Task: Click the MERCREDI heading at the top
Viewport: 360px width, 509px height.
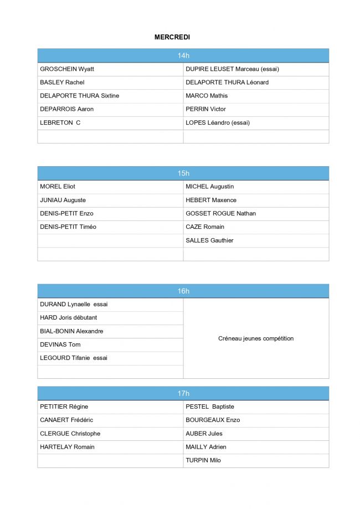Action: [x=172, y=37]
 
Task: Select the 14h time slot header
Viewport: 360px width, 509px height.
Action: [x=183, y=55]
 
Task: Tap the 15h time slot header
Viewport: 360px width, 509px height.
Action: [x=183, y=173]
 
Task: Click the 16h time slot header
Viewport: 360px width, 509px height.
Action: [x=183, y=291]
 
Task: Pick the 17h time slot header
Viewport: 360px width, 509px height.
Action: [x=183, y=393]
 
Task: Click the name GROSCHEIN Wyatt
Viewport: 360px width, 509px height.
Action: [x=67, y=69]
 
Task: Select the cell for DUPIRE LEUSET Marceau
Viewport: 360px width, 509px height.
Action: [x=232, y=69]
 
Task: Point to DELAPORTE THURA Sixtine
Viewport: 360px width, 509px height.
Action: [x=79, y=96]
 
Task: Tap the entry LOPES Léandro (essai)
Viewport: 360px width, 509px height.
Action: [x=218, y=122]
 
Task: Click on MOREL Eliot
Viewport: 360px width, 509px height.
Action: [x=58, y=187]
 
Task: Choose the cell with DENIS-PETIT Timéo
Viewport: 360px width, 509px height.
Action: [x=68, y=227]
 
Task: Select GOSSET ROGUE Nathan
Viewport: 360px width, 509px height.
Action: [x=220, y=213]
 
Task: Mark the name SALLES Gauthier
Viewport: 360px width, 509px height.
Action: [x=209, y=240]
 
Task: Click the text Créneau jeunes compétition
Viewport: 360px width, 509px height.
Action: [x=256, y=338]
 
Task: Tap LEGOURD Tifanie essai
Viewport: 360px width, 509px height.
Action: [x=74, y=358]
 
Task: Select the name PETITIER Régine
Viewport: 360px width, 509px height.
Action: [x=64, y=407]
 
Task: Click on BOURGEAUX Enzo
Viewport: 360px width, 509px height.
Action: [x=213, y=420]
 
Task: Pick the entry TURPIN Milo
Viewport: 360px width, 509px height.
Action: [x=203, y=460]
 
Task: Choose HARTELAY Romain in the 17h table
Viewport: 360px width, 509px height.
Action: [x=67, y=447]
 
